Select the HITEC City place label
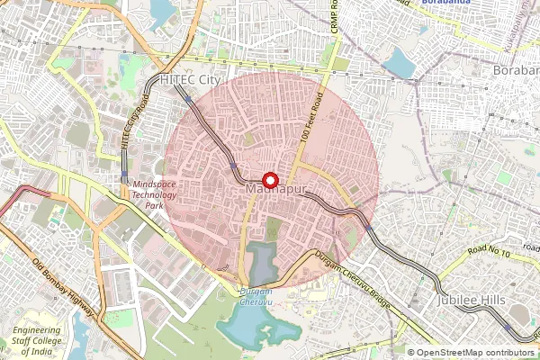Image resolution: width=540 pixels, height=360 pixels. click(189, 80)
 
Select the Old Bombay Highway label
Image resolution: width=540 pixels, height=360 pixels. click(63, 287)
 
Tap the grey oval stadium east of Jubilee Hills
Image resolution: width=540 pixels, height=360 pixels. click(522, 314)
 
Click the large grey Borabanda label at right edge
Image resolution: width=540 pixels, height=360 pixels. click(516, 70)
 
